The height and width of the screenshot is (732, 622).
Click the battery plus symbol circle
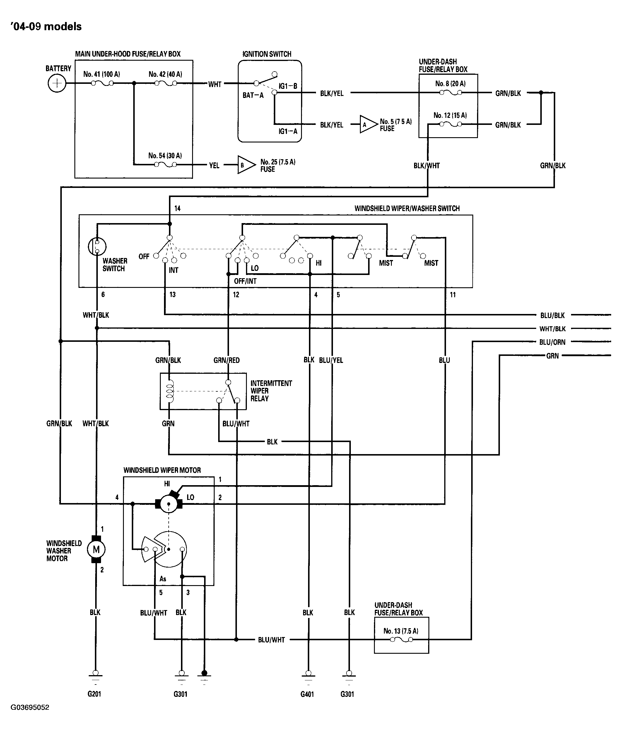click(57, 84)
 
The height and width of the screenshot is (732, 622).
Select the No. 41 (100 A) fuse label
click(102, 74)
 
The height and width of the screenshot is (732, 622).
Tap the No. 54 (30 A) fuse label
click(165, 156)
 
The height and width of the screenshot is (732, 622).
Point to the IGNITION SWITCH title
click(267, 54)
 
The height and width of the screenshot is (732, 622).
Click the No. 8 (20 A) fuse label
click(450, 84)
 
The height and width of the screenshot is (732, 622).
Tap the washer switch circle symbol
click(97, 246)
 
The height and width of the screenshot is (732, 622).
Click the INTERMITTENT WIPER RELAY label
click(271, 391)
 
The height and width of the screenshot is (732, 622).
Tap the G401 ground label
click(307, 694)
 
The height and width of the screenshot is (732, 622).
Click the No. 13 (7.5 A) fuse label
click(401, 631)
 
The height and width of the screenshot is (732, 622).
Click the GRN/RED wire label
click(226, 360)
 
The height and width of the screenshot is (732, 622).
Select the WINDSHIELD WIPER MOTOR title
click(162, 470)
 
